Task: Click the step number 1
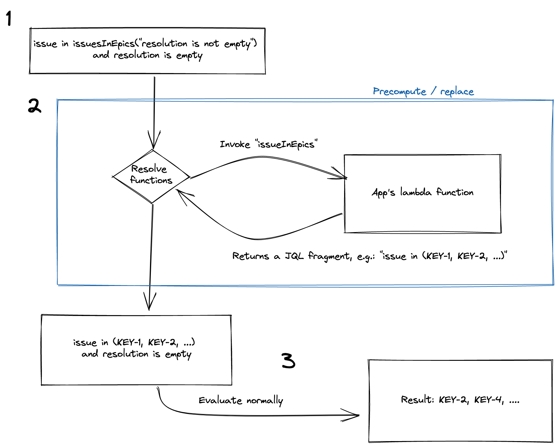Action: tap(9, 18)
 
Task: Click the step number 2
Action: tap(34, 106)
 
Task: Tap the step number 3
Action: tap(288, 361)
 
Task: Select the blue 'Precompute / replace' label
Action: tap(423, 91)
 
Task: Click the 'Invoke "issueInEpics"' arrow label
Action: tap(268, 144)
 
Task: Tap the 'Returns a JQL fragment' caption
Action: tap(369, 256)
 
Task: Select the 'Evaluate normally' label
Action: tap(241, 400)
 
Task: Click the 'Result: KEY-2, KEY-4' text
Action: tap(460, 400)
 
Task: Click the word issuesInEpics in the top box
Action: tap(104, 44)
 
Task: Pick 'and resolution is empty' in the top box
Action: tap(147, 56)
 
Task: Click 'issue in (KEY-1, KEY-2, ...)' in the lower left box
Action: tap(134, 342)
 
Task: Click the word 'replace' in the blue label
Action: tap(457, 92)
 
